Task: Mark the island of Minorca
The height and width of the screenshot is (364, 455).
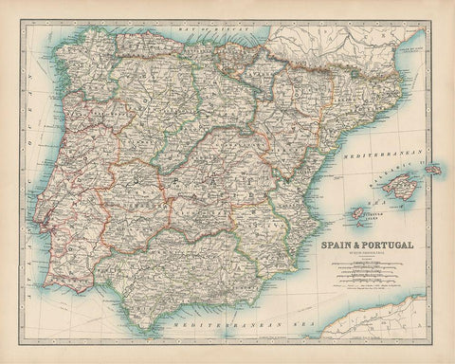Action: tap(433, 169)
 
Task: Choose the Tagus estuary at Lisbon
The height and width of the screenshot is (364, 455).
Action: tap(46, 227)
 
